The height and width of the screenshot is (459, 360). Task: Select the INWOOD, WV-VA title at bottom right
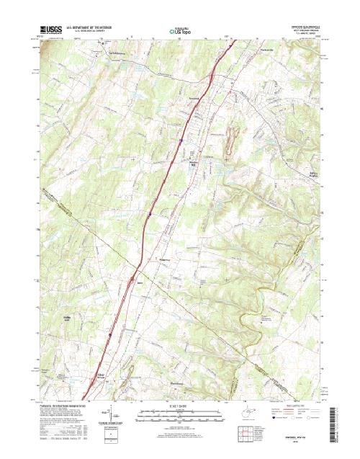click(x=295, y=435)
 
